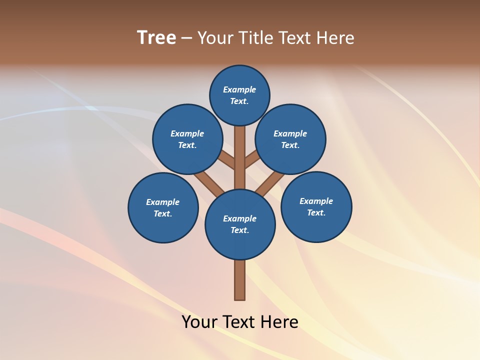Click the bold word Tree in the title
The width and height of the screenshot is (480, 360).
pos(156,38)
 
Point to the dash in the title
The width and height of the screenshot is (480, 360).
pos(187,38)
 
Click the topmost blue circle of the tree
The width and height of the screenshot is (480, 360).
pos(239,95)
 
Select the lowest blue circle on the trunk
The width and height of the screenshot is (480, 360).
pos(240,224)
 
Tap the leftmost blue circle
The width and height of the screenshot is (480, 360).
pos(163,208)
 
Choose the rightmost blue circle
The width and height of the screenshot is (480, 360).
pos(316,207)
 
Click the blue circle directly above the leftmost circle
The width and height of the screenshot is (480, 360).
pos(187,139)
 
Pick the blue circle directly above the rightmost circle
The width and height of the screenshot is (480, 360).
pos(290,139)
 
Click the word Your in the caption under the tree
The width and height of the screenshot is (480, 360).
pos(199,322)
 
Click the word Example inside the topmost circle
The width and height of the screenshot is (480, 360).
pos(239,90)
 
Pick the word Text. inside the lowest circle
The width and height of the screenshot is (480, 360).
pos(239,230)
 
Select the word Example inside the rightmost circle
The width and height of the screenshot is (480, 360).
pos(316,201)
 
